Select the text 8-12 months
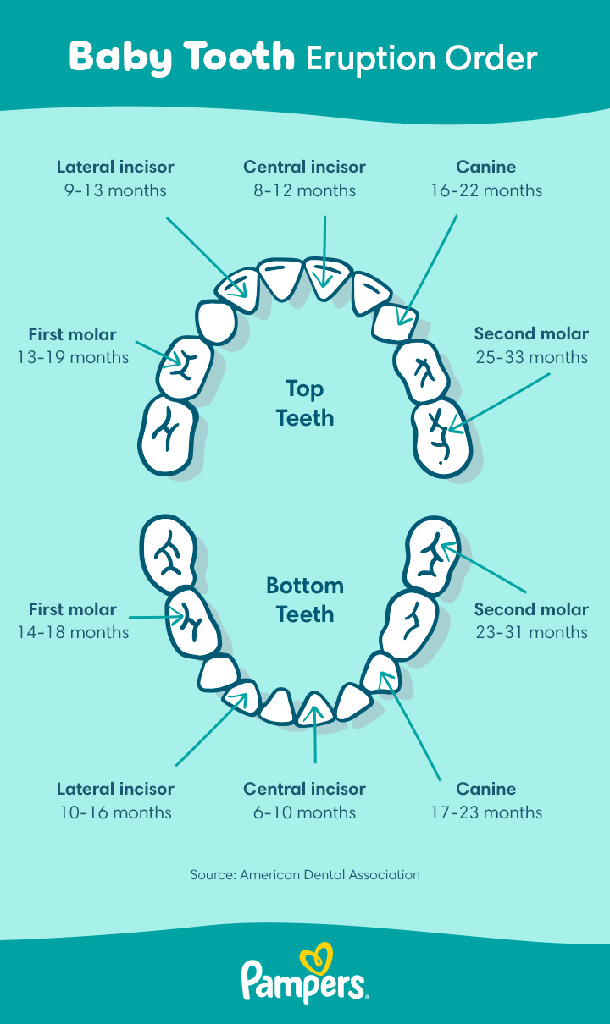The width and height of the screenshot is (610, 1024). (x=304, y=190)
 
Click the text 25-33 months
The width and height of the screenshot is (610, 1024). (x=531, y=357)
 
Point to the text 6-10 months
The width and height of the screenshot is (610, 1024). (x=304, y=812)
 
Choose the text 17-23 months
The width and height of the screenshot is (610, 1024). (x=486, y=812)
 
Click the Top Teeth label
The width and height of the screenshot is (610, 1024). (x=304, y=403)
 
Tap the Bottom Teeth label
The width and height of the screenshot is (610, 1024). (x=304, y=600)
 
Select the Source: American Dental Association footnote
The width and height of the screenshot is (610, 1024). (x=304, y=874)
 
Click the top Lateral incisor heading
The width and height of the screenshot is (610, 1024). (x=115, y=167)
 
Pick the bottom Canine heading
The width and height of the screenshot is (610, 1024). (x=486, y=789)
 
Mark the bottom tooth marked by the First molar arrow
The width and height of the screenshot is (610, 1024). (x=191, y=622)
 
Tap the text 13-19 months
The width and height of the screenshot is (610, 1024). (x=73, y=357)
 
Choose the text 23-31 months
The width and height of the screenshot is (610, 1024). (x=531, y=632)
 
